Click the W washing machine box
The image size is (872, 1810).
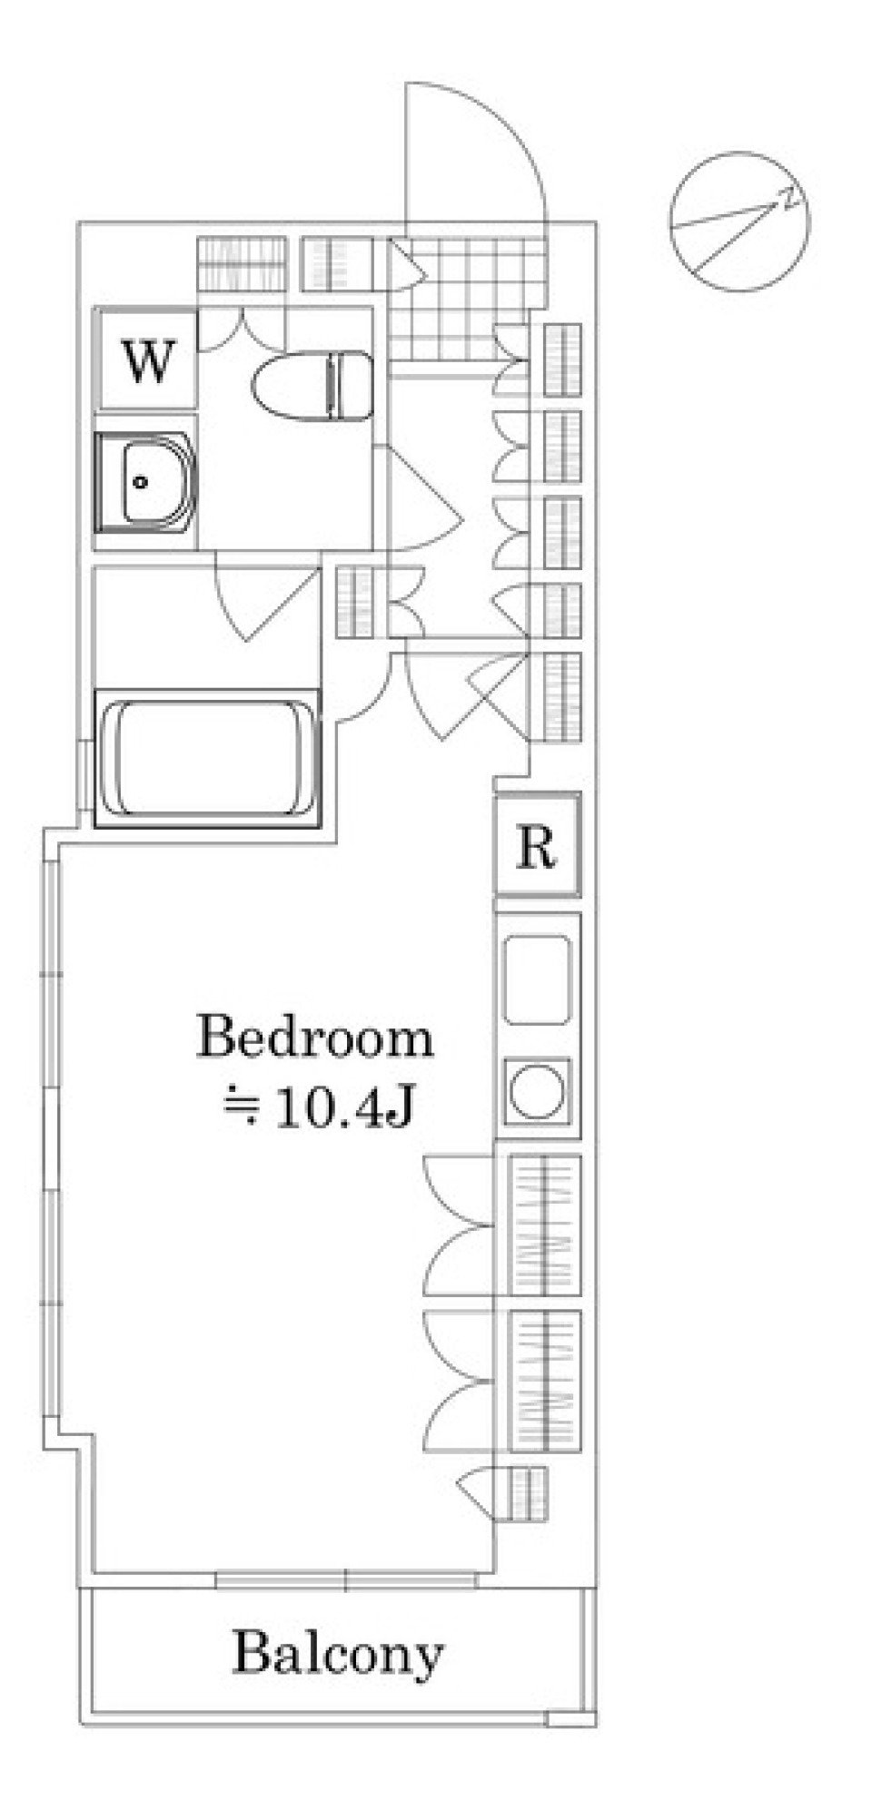pos(146,359)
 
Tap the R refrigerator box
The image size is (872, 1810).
pos(537,845)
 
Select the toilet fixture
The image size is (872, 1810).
pos(312,386)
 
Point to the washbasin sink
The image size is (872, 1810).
pos(145,482)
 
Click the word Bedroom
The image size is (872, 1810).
pos(315,1038)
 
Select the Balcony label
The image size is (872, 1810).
pos(338,1653)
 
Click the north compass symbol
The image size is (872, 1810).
pos(739,221)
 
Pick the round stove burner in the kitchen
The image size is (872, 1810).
pos(537,1089)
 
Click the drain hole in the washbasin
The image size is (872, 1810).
pos(140,482)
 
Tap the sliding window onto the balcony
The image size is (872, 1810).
pos(346,1580)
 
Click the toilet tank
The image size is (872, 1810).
pos(354,386)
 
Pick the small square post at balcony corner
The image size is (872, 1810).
pos(571,1717)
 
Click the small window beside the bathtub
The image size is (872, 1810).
pos(86,772)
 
